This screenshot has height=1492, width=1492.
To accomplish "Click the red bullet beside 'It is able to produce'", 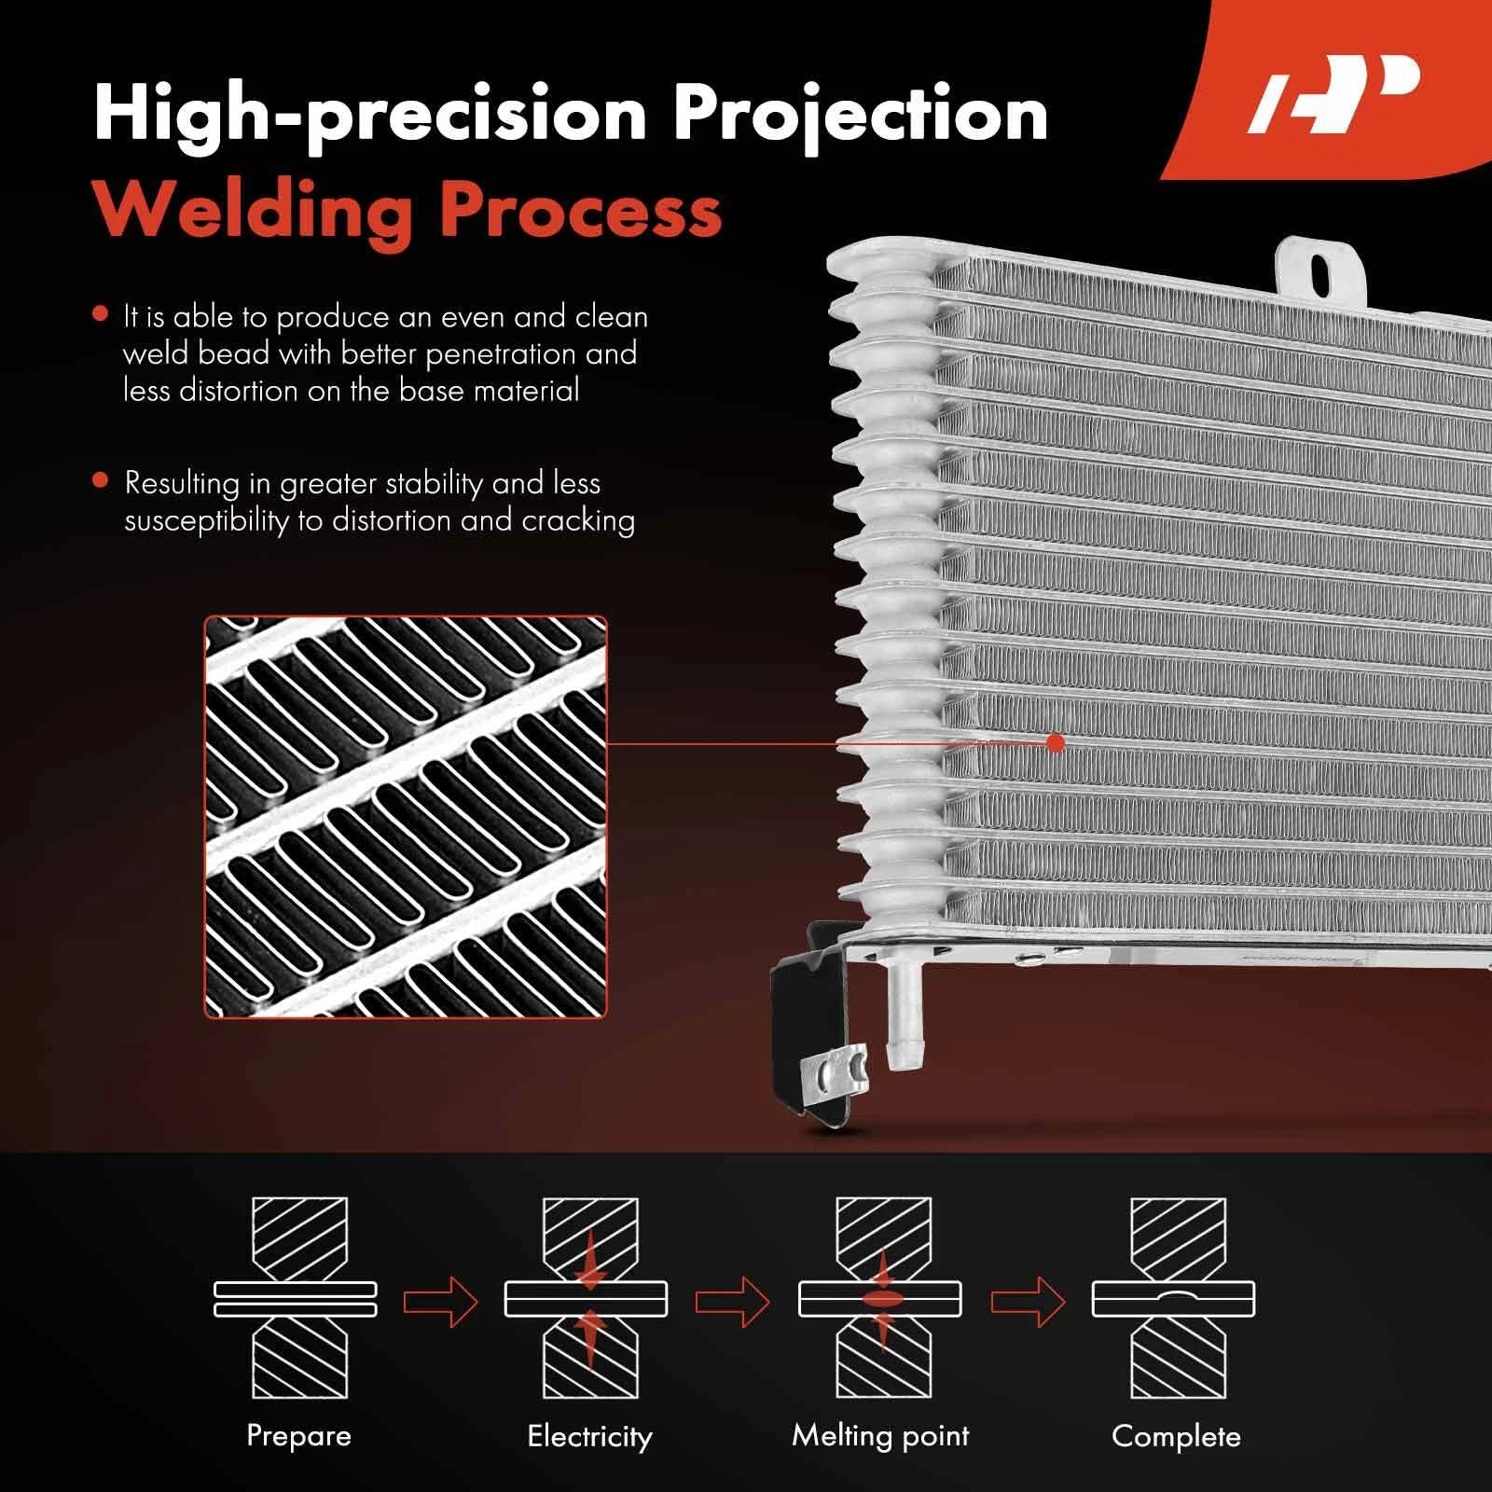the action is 101,314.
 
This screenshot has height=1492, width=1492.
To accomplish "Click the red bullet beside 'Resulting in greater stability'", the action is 101,481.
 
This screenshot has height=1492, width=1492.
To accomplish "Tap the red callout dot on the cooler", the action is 1056,743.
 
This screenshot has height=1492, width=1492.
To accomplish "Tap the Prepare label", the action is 298,1434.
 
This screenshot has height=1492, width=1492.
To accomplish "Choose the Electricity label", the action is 589,1435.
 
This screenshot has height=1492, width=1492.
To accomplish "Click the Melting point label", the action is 880,1435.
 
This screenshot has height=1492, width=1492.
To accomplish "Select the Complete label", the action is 1176,1436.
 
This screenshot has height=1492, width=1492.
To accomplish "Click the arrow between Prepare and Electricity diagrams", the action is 440,1300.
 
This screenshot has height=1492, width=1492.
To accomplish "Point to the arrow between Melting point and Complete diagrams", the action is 1028,1300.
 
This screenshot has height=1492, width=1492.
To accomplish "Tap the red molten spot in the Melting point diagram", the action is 881,1299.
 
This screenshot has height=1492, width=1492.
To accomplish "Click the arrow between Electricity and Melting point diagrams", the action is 733,1300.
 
